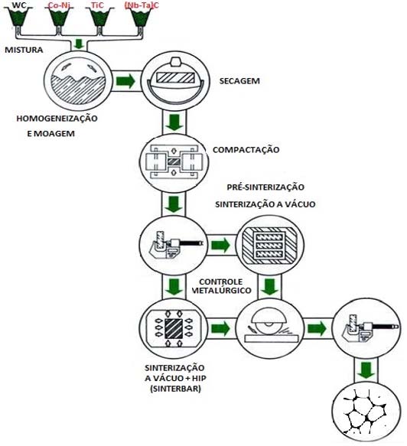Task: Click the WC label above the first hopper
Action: [18, 5]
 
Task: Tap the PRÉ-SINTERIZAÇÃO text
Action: [265, 187]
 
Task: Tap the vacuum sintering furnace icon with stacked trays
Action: [264, 246]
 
